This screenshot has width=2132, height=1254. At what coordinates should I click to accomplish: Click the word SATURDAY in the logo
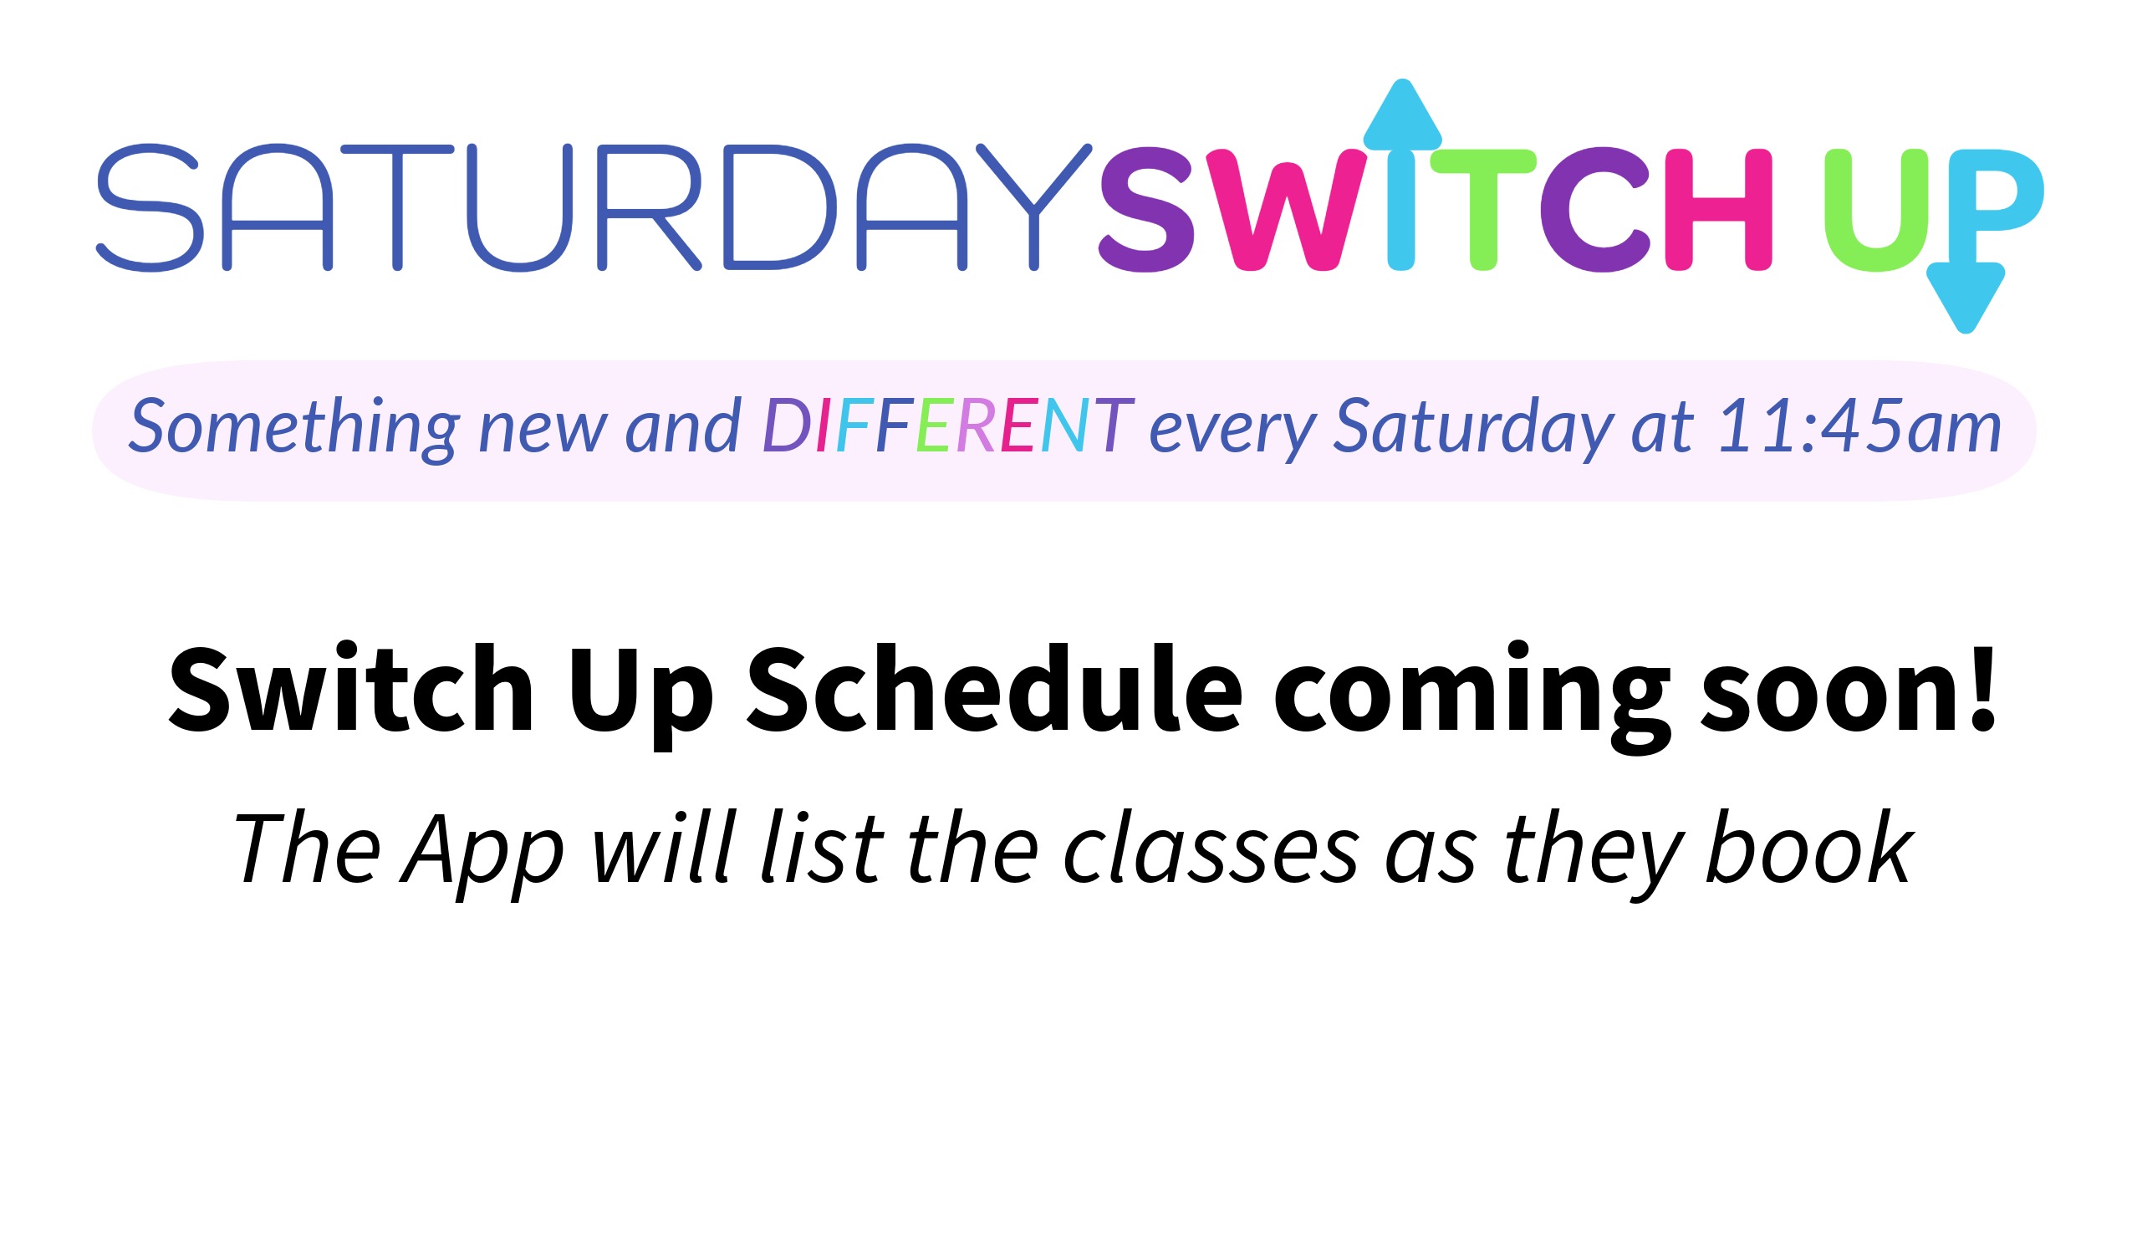[x=592, y=207]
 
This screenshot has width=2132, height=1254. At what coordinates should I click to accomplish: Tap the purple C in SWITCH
[x=1593, y=210]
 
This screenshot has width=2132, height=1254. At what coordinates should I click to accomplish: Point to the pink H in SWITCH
[x=1717, y=210]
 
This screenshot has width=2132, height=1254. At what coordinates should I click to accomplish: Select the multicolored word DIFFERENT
[x=947, y=426]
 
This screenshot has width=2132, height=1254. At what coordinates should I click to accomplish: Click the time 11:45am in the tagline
[x=1859, y=426]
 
